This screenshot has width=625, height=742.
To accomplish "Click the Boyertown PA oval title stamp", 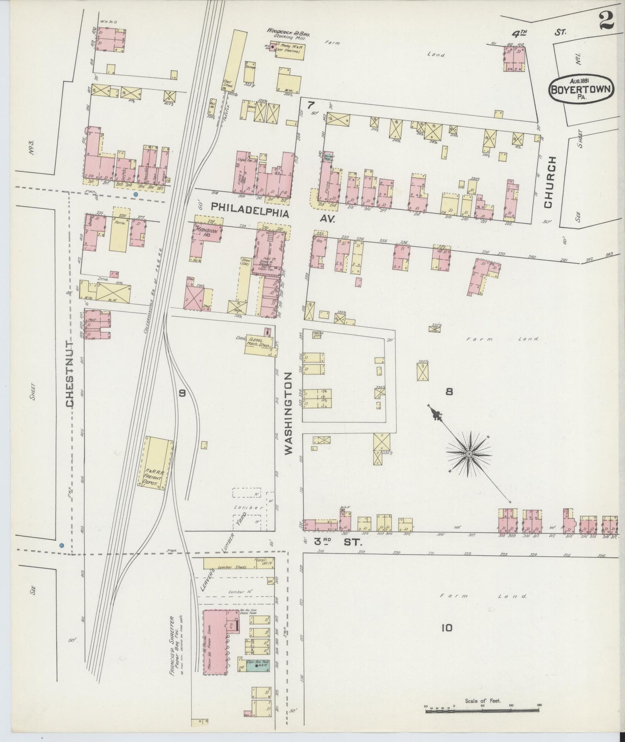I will click(x=581, y=89).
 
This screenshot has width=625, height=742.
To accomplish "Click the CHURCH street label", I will click(x=549, y=182).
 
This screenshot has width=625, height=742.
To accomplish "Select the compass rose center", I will click(x=469, y=453).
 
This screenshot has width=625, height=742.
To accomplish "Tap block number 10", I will click(x=447, y=627).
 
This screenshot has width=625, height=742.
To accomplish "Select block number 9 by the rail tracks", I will click(x=182, y=393).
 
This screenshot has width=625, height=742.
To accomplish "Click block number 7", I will click(x=310, y=105).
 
